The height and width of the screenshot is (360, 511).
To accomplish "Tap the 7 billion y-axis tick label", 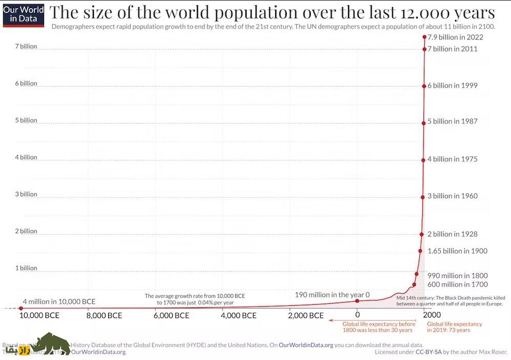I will (x=26, y=46).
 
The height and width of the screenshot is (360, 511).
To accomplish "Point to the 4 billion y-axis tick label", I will (x=26, y=157).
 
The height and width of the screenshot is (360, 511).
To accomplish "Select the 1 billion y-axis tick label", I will (x=26, y=268).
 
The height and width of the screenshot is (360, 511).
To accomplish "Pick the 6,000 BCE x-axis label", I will (x=172, y=315).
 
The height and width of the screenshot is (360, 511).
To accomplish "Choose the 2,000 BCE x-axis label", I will (x=306, y=315).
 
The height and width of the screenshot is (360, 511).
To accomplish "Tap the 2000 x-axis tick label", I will (x=424, y=315).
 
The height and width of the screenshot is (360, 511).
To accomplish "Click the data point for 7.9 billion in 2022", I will (x=424, y=37).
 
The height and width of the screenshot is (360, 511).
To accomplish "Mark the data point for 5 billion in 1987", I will (x=424, y=123).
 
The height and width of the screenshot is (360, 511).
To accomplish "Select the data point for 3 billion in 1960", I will (x=423, y=197).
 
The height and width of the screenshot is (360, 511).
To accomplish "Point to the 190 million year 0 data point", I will (x=357, y=301).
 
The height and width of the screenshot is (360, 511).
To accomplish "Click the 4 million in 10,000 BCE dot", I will (x=21, y=308).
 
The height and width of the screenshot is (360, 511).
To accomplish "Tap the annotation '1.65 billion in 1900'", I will (x=457, y=251).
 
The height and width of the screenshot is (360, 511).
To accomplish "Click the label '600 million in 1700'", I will (x=457, y=284).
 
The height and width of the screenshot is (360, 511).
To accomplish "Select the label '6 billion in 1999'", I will (x=452, y=86).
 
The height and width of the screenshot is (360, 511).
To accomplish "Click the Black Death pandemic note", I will (x=451, y=301).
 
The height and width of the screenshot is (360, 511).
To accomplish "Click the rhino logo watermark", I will (x=50, y=344).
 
